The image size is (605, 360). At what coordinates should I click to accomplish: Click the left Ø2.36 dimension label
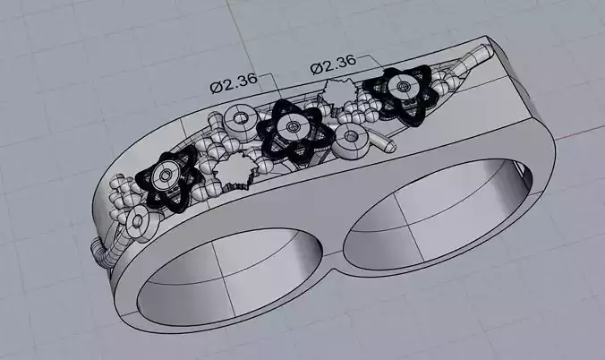pyautogui.click(x=234, y=85)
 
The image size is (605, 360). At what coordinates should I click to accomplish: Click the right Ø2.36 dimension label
pyautogui.click(x=333, y=64)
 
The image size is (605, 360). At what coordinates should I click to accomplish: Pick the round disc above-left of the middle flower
pyautogui.click(x=240, y=117)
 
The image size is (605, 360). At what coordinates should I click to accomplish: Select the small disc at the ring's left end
pyautogui.click(x=138, y=220)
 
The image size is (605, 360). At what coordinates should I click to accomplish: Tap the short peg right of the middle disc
pyautogui.click(x=383, y=141)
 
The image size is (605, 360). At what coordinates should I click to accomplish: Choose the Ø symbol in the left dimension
pyautogui.click(x=217, y=86)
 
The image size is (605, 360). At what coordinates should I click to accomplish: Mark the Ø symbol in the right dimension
pyautogui.click(x=316, y=67)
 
